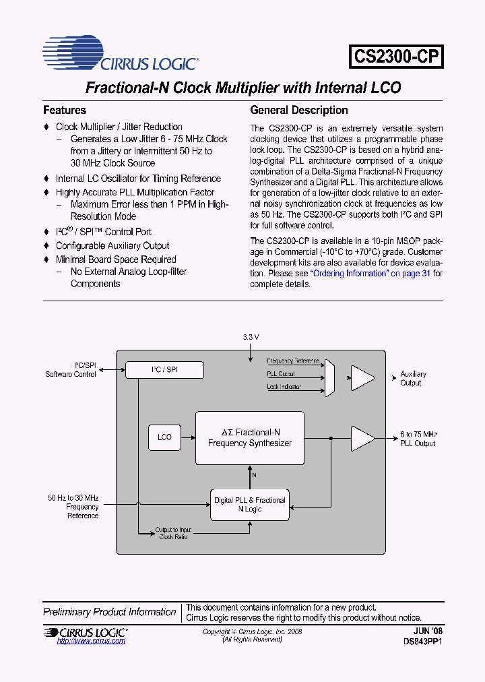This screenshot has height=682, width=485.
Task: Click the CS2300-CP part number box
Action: click(x=396, y=57)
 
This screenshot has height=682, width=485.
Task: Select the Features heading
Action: click(x=65, y=110)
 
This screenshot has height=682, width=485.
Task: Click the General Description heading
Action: click(x=299, y=110)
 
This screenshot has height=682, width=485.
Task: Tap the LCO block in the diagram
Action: click(x=164, y=437)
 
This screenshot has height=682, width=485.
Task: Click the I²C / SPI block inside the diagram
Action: click(x=165, y=369)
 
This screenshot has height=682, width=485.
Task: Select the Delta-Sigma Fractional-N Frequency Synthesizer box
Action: click(x=250, y=438)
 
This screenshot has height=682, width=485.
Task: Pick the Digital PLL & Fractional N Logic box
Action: click(x=250, y=505)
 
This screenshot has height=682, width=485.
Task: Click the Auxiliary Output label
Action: click(x=413, y=378)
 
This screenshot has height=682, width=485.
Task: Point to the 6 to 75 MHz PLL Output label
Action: click(x=418, y=439)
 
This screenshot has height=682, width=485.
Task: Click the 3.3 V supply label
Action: click(x=251, y=336)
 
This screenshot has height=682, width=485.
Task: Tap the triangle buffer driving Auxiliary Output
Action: click(x=362, y=378)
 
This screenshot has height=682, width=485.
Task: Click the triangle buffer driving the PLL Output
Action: click(x=362, y=438)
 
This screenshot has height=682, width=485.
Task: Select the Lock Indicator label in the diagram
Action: click(x=284, y=387)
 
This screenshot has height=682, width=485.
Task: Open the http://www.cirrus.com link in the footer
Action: click(x=91, y=641)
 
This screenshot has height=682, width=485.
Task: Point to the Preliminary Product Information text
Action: click(x=110, y=612)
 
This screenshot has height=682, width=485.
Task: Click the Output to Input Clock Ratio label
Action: click(x=173, y=533)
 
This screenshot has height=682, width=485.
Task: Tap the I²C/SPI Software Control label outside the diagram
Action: click(x=71, y=370)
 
